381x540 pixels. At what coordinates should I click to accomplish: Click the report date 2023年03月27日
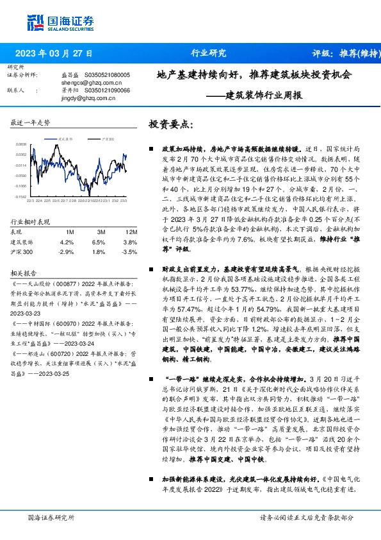pyautogui.click(x=54, y=53)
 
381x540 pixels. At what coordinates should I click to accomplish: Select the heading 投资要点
pyautogui.click(x=170, y=124)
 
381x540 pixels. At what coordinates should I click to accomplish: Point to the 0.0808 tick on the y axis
pyautogui.click(x=21, y=145)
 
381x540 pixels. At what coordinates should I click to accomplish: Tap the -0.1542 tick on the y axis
pyautogui.click(x=21, y=197)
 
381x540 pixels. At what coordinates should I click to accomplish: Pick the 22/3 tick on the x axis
pyautogui.click(x=30, y=201)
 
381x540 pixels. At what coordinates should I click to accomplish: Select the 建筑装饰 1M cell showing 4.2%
pyautogui.click(x=67, y=242)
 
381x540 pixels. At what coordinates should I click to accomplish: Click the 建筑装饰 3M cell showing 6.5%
pyautogui.click(x=98, y=242)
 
